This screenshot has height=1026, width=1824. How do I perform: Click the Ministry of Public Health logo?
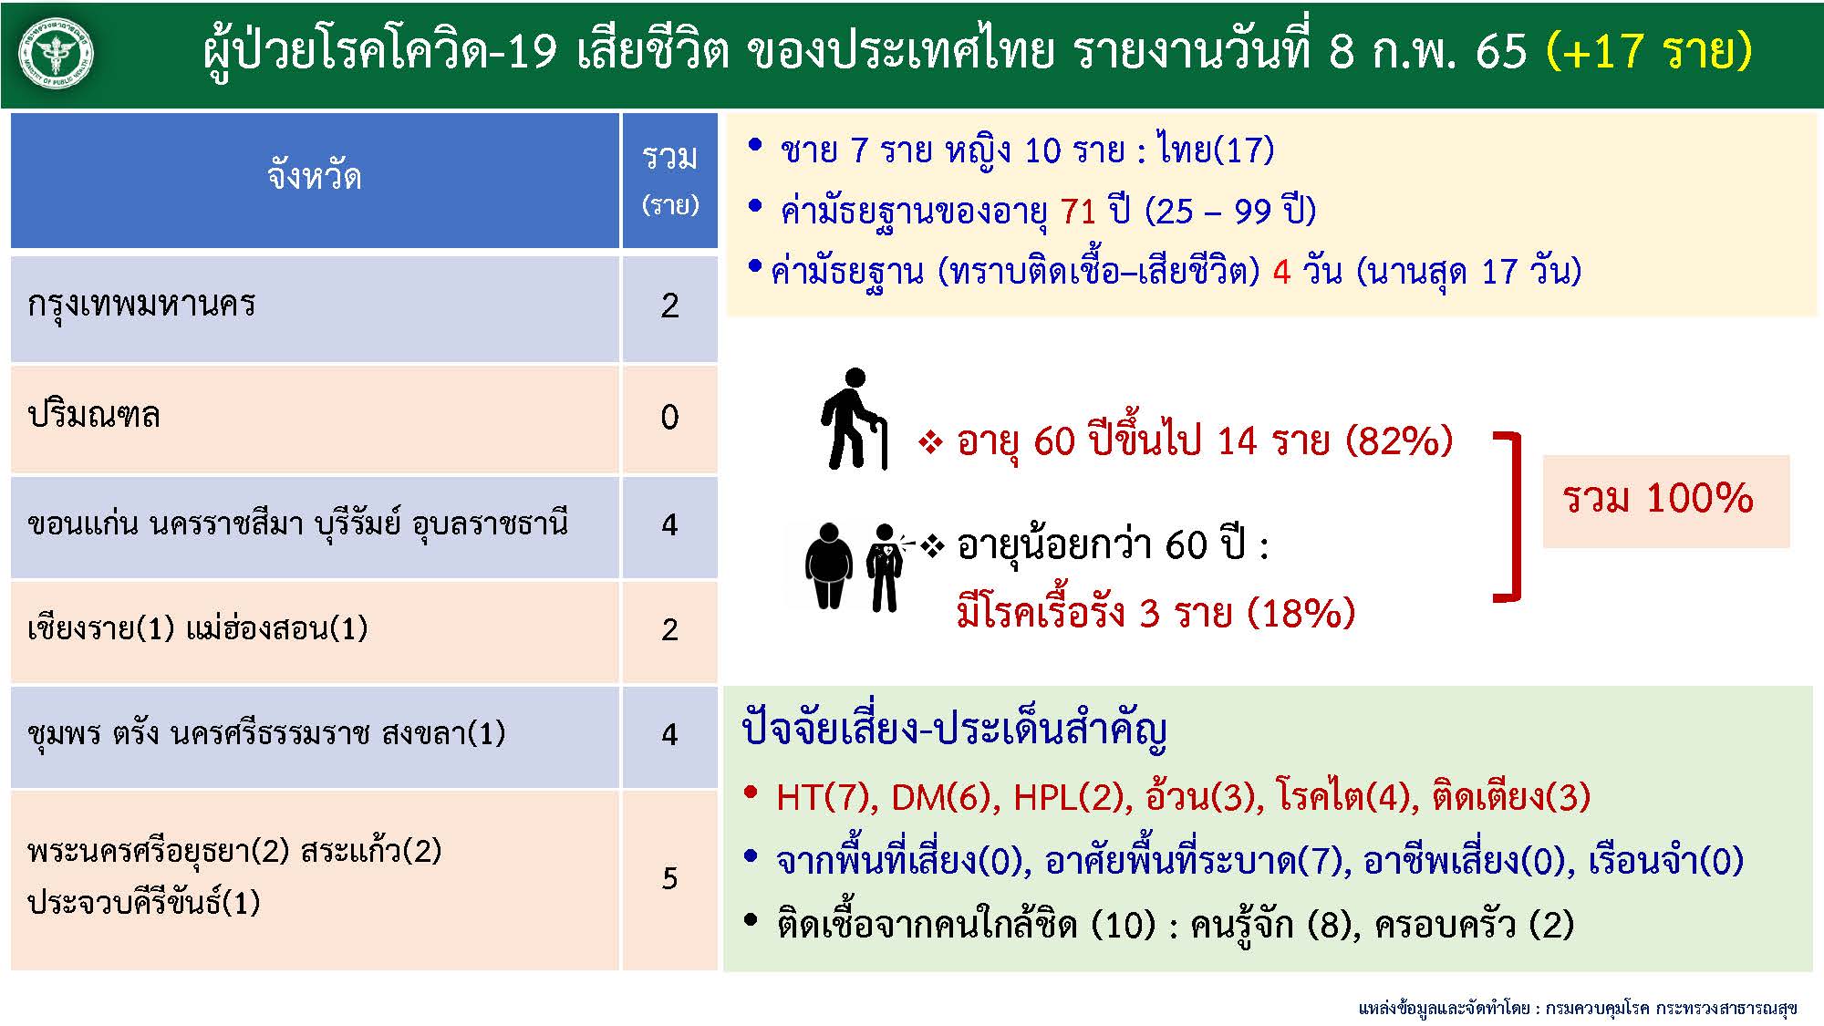pos(57,53)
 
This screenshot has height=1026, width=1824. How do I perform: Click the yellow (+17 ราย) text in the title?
pos(1649,50)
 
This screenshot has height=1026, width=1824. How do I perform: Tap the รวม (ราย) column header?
pos(669,179)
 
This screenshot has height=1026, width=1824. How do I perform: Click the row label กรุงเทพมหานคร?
pos(141,304)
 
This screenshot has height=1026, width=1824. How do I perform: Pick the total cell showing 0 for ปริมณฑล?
pos(669,418)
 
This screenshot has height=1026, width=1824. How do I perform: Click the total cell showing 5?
pos(669,878)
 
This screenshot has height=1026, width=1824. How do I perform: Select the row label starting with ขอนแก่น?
pos(297,524)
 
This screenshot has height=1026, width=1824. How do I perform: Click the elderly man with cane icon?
pos(854,420)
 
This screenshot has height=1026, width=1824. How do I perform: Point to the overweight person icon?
pos(828,565)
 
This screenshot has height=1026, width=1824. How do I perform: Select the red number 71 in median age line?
pos(1078,212)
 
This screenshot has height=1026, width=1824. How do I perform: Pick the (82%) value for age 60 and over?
pos(1398,441)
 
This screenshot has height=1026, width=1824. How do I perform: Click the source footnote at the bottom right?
pos(1577,1008)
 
